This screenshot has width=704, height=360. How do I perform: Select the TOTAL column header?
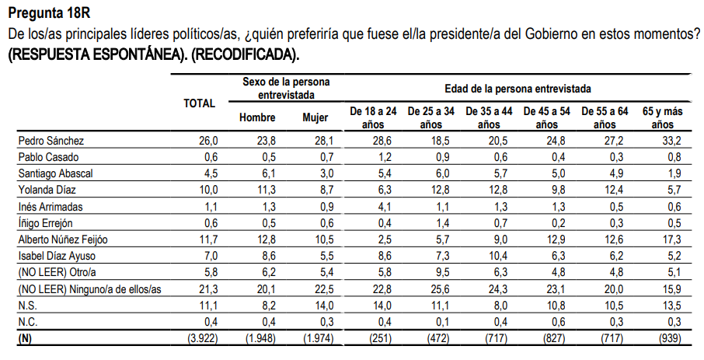[x=199, y=103]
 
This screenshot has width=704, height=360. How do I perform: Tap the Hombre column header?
[x=257, y=117]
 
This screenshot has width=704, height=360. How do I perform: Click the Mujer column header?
[x=315, y=117]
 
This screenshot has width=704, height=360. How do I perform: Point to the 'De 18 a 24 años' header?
[x=373, y=117]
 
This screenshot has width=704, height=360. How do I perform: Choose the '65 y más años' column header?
[x=662, y=117]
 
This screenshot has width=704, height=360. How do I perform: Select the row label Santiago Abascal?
[x=54, y=173]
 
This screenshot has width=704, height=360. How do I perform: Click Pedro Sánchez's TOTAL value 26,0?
[x=210, y=141]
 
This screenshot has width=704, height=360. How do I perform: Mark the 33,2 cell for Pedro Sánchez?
[x=670, y=141]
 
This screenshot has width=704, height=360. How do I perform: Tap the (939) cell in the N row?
[x=667, y=339]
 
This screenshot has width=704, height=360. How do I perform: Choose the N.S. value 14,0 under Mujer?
[x=323, y=306]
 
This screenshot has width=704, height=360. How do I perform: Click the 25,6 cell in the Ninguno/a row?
[x=438, y=289]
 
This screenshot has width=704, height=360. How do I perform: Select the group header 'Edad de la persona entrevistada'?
[x=518, y=89]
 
